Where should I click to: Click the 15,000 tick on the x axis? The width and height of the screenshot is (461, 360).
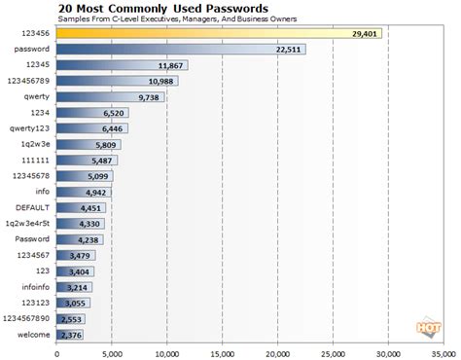coord(223,352)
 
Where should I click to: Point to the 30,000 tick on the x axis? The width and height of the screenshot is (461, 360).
coord(389,352)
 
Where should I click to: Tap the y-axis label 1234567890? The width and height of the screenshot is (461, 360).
coord(27,318)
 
